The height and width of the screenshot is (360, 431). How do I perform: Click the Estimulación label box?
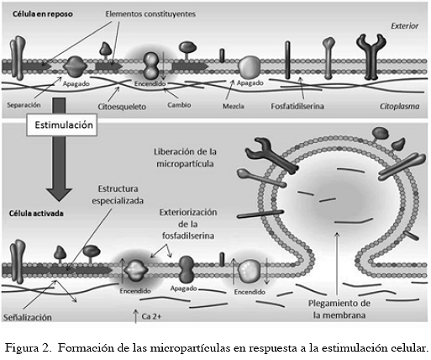[x=62, y=124]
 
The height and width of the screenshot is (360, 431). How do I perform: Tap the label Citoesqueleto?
[x=122, y=107]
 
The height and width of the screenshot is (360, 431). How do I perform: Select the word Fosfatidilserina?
[x=297, y=106]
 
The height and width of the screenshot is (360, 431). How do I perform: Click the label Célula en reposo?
[x=43, y=14]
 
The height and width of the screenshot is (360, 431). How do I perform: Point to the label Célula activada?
[x=36, y=214]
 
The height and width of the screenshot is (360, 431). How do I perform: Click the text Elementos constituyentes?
[x=150, y=14]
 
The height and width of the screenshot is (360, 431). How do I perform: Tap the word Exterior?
[x=404, y=26]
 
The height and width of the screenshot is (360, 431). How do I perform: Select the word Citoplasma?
[x=399, y=106]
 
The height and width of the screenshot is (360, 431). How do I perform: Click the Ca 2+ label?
[x=151, y=316]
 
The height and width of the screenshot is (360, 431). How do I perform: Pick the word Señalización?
[x=28, y=317]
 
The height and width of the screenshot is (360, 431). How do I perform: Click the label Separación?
[x=24, y=105]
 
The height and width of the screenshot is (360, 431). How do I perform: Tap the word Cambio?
[x=179, y=105]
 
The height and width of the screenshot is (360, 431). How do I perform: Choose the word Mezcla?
[x=234, y=106]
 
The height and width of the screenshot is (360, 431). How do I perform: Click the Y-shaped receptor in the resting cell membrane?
[x=371, y=56]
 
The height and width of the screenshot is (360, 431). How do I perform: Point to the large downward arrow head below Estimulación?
[x=59, y=194]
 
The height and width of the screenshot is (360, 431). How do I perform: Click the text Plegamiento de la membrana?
[x=339, y=309]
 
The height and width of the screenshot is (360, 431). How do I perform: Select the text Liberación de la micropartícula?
[x=185, y=157]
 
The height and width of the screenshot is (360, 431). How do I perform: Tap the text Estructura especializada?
[x=118, y=194]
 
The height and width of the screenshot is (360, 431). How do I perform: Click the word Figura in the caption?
[x=24, y=348]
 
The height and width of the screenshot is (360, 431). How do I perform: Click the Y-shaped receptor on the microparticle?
[x=271, y=155]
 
